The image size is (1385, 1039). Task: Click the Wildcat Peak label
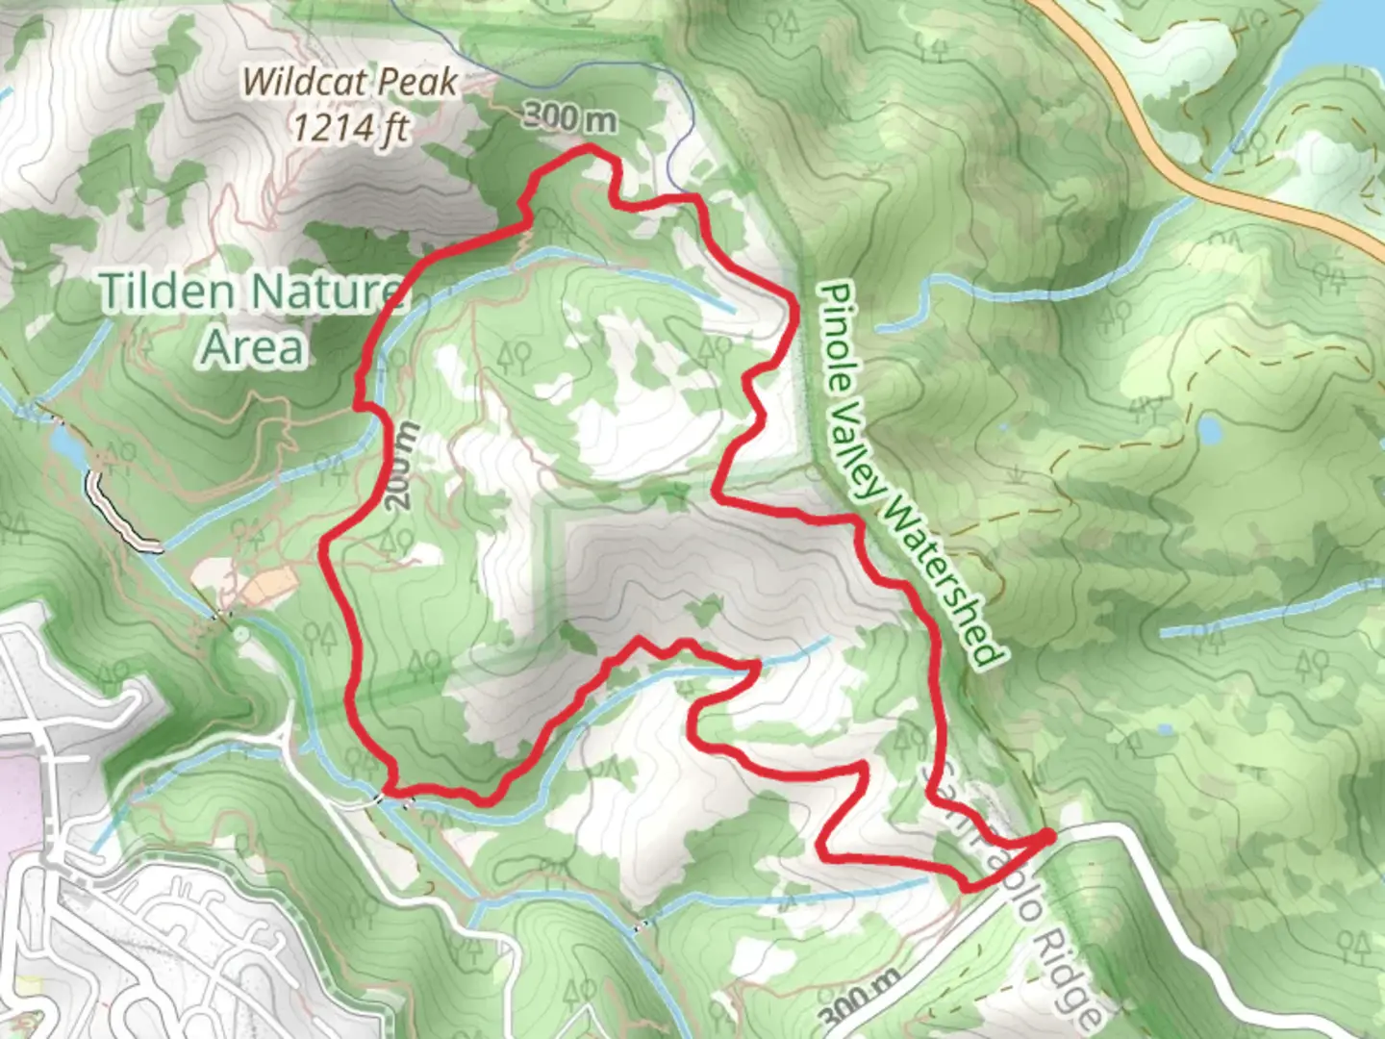349,82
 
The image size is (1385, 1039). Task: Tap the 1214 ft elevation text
351,126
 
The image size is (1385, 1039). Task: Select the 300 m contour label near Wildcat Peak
569,117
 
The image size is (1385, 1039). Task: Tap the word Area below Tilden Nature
253,347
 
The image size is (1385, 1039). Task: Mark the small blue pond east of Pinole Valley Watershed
1210,429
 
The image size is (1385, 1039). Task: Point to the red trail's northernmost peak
589,148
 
